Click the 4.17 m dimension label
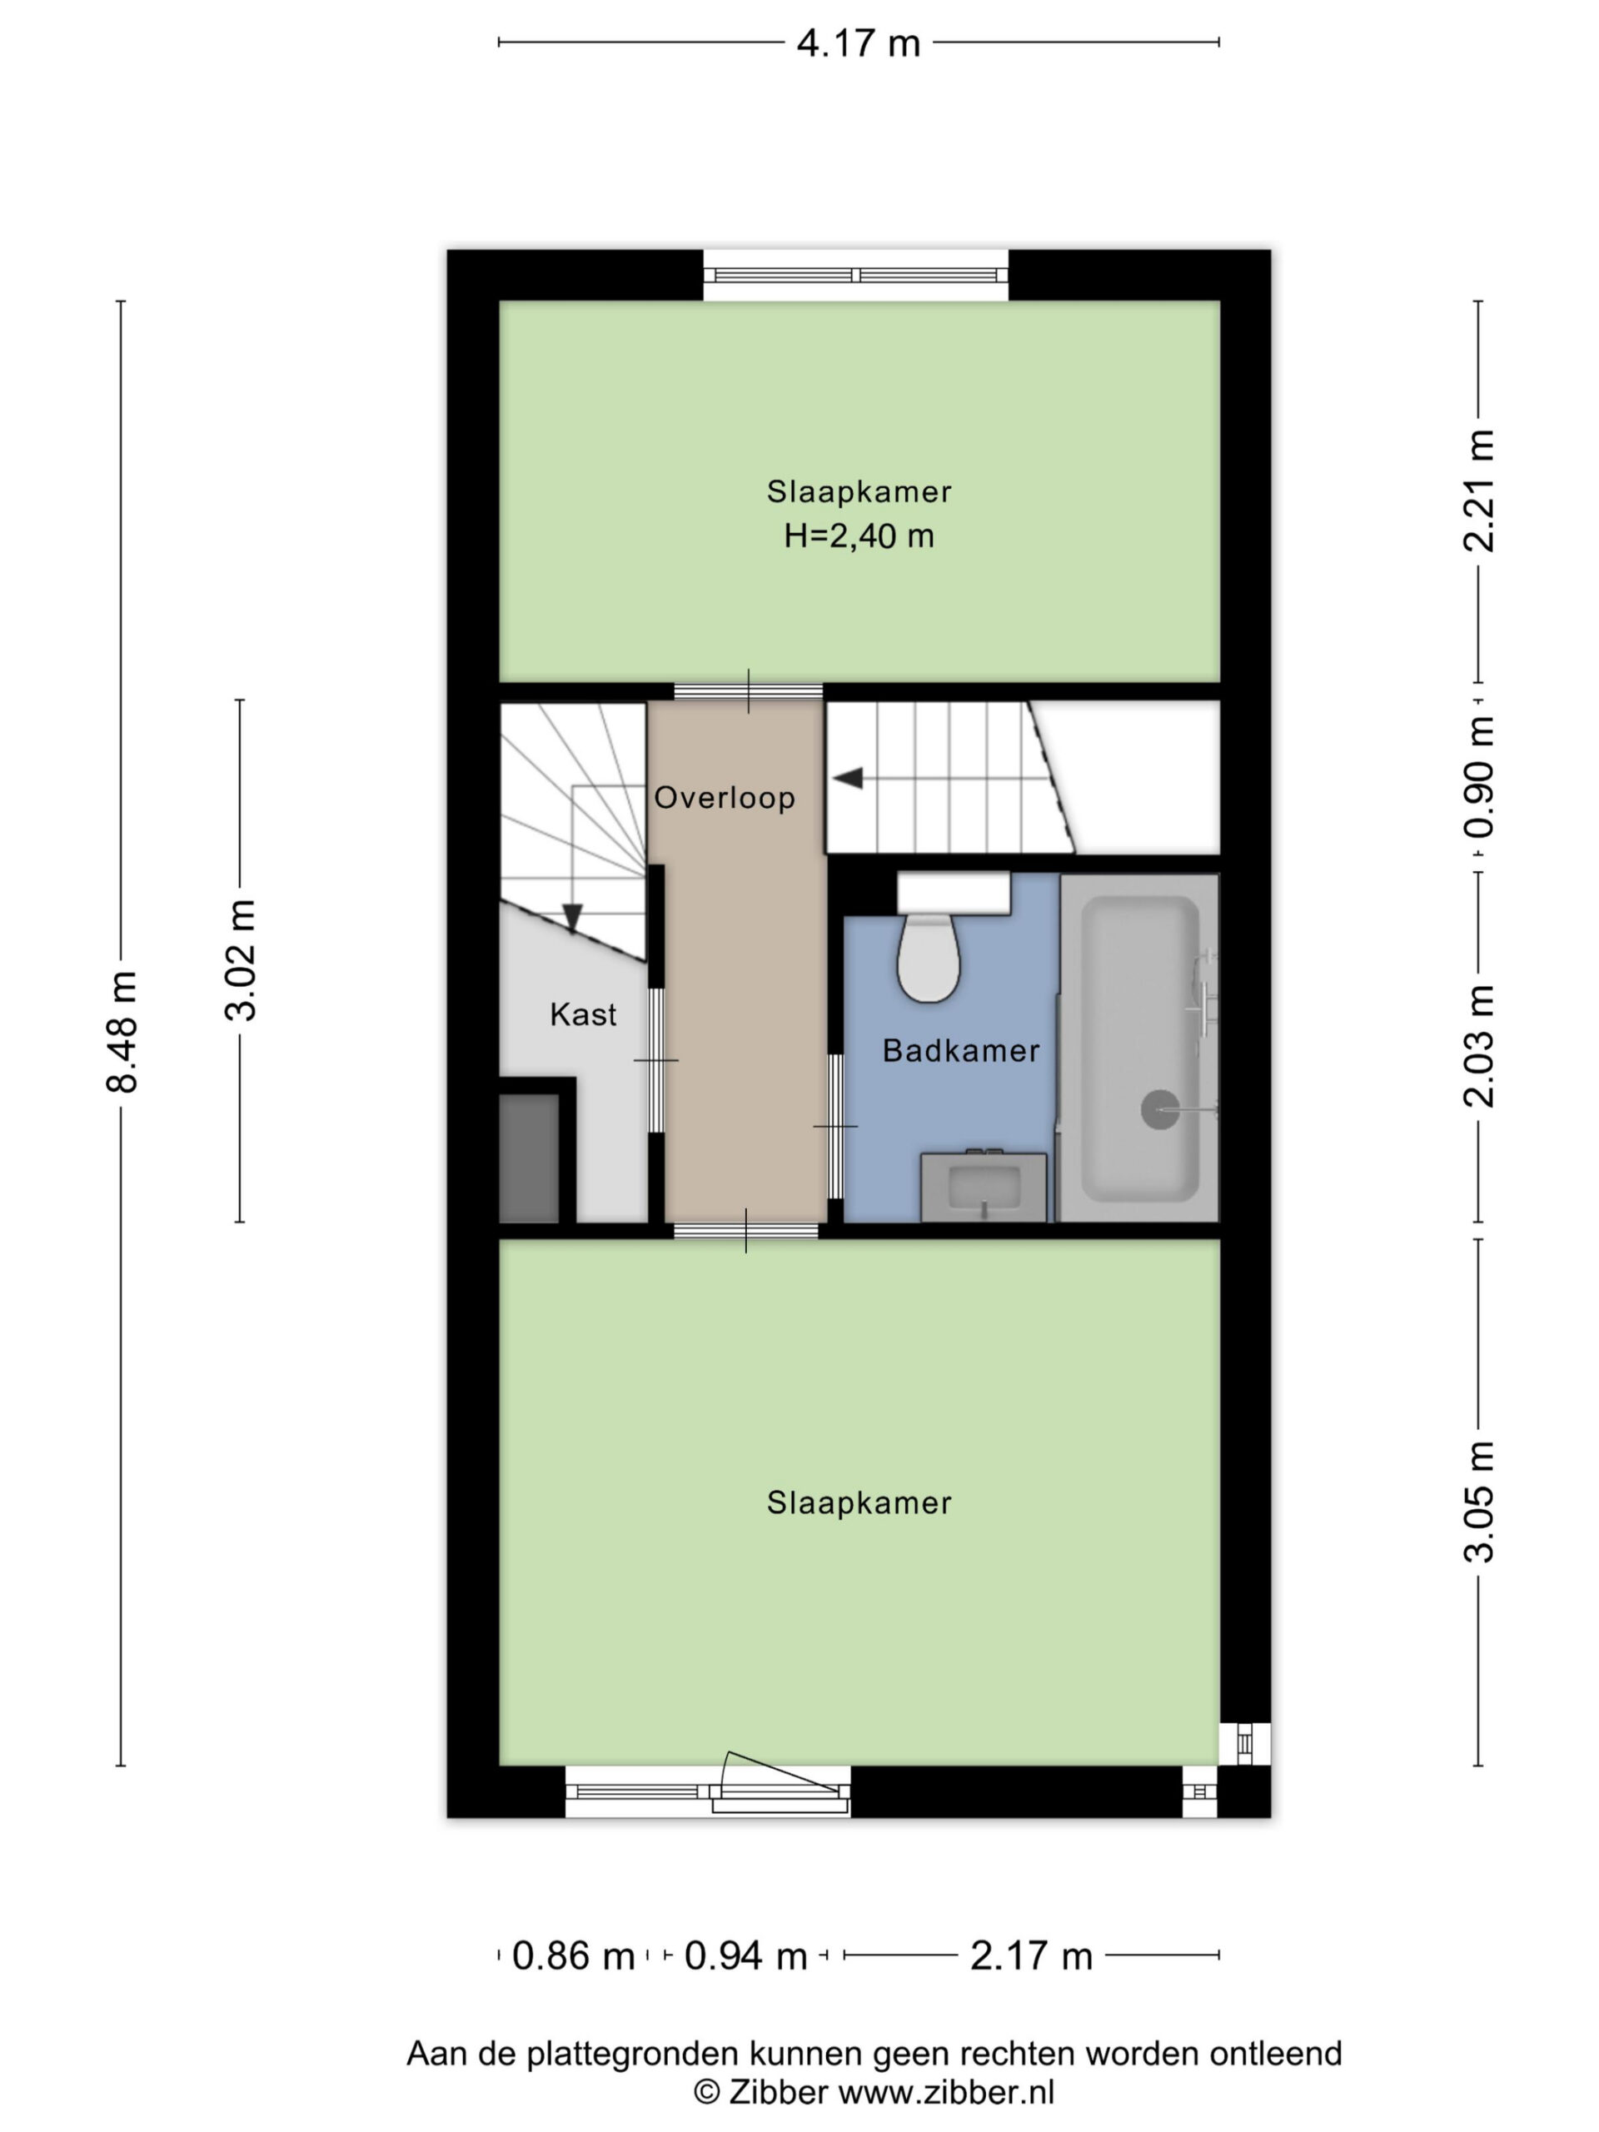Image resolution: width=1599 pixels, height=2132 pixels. point(858,43)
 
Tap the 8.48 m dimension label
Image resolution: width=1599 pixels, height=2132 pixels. point(122,1031)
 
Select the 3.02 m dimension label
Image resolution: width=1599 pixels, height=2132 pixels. point(241,960)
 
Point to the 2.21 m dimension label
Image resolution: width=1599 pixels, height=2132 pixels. point(1477,491)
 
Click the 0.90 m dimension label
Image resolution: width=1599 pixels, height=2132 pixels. point(1477,777)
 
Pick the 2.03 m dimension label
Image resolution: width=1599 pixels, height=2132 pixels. point(1477,1047)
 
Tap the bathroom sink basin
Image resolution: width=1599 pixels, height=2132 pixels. point(983,1187)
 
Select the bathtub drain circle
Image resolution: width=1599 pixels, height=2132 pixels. point(1159,1109)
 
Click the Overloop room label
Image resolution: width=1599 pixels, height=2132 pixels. point(725,797)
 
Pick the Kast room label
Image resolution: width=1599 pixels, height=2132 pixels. point(583,1014)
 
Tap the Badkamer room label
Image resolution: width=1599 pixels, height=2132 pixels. point(961,1049)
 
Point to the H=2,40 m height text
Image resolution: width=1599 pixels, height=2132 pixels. point(859,535)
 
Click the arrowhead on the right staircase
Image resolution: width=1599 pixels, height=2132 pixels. point(847,778)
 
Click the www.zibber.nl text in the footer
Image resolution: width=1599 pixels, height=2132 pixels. point(945,2090)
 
